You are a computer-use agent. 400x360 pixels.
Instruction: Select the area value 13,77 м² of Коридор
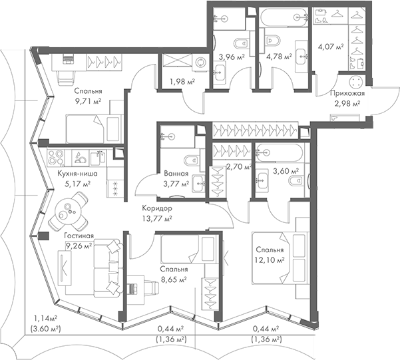[x=158, y=218]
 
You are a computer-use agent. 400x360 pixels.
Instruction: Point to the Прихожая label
[x=346, y=94]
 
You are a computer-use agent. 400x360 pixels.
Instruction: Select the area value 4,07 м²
[x=330, y=47]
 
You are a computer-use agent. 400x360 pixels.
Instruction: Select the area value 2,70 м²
[x=238, y=167]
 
